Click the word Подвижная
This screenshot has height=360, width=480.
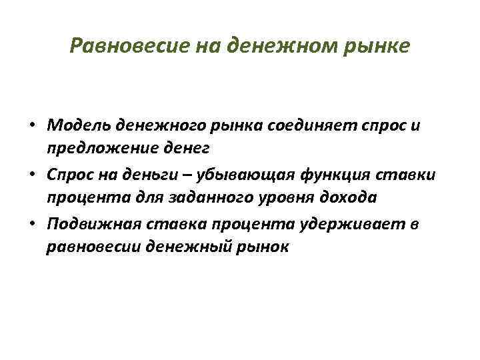89,224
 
